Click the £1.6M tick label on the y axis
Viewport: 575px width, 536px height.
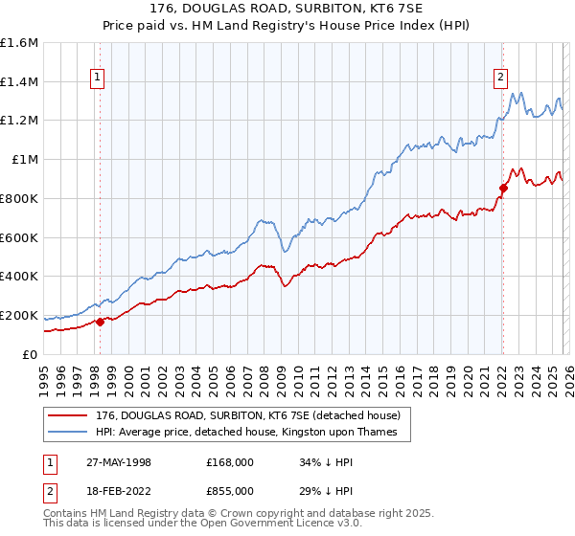point(19,43)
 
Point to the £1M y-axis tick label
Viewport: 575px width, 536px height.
point(24,160)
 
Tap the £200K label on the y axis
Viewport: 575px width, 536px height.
point(19,315)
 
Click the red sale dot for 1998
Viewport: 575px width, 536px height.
point(100,322)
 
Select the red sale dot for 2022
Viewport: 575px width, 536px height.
point(503,188)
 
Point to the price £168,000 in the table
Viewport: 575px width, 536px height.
point(229,462)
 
